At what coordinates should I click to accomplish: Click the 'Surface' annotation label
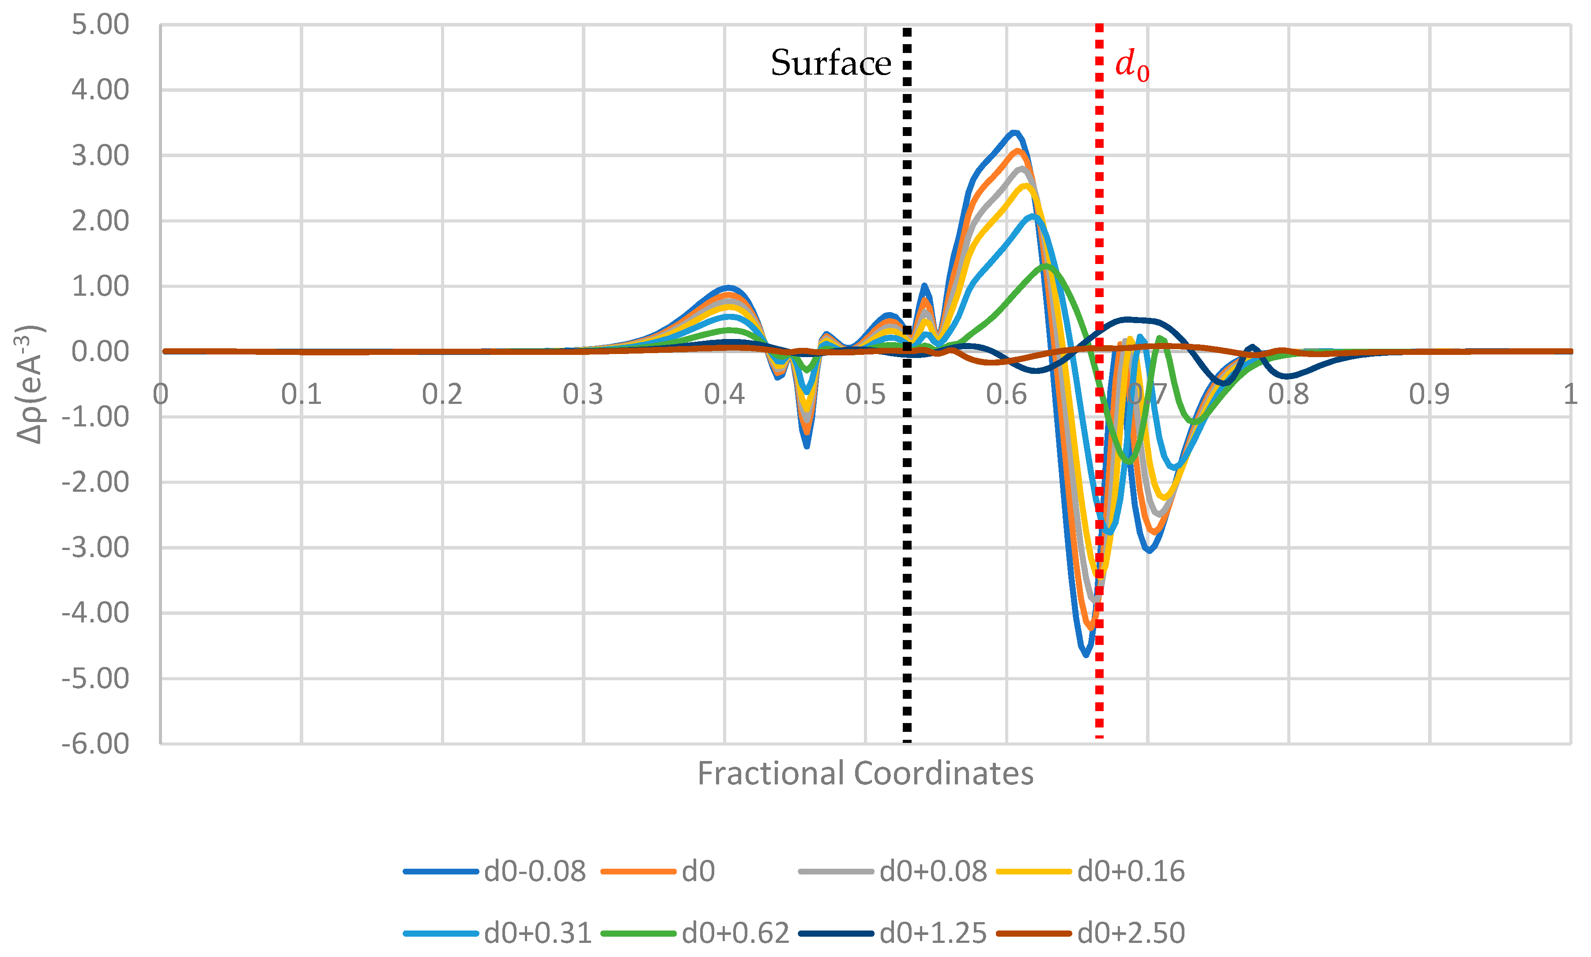[831, 63]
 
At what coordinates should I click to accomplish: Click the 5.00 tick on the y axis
[100, 25]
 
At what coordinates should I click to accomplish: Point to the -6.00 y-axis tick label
[95, 743]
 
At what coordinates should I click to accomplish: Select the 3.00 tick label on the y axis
[100, 156]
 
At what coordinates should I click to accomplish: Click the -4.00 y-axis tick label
[95, 613]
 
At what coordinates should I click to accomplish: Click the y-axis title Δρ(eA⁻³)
[30, 384]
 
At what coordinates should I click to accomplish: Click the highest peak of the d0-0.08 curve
[1014, 133]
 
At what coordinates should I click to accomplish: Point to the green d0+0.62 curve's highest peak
[1046, 265]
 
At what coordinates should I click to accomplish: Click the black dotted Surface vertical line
[907, 516]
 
